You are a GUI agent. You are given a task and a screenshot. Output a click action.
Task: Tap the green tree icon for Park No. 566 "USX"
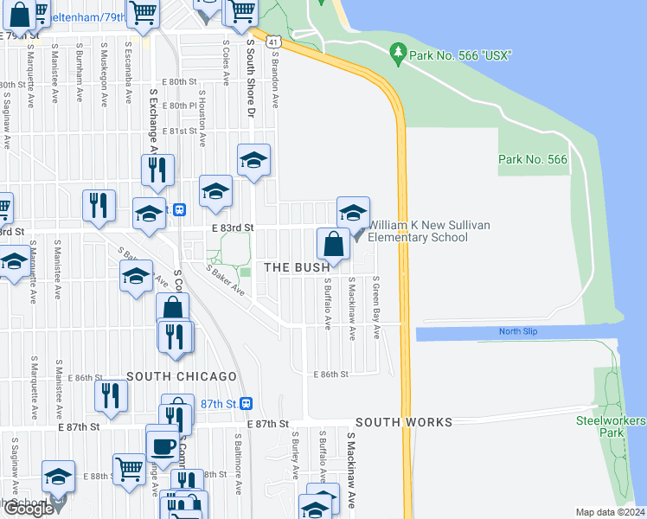tap(398, 54)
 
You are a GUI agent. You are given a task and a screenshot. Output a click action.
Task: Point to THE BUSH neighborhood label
tap(297, 268)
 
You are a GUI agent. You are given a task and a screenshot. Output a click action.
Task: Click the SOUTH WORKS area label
tap(403, 422)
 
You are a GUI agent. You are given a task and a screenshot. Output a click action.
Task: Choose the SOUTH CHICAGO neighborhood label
tap(182, 377)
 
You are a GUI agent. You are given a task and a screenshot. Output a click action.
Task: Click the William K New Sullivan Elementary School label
tap(429, 231)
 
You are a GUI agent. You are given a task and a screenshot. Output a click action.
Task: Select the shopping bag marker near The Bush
tap(333, 245)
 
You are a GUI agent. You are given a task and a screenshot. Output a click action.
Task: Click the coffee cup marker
tap(163, 446)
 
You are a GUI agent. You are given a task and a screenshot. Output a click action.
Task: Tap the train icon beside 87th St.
tap(247, 403)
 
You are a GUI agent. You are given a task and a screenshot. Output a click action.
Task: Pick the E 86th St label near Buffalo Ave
tap(330, 375)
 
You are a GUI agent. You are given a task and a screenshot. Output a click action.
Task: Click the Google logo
tap(29, 509)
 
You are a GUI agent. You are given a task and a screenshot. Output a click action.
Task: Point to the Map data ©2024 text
tap(610, 512)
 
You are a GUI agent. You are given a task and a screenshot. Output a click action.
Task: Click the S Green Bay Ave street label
tap(376, 308)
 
